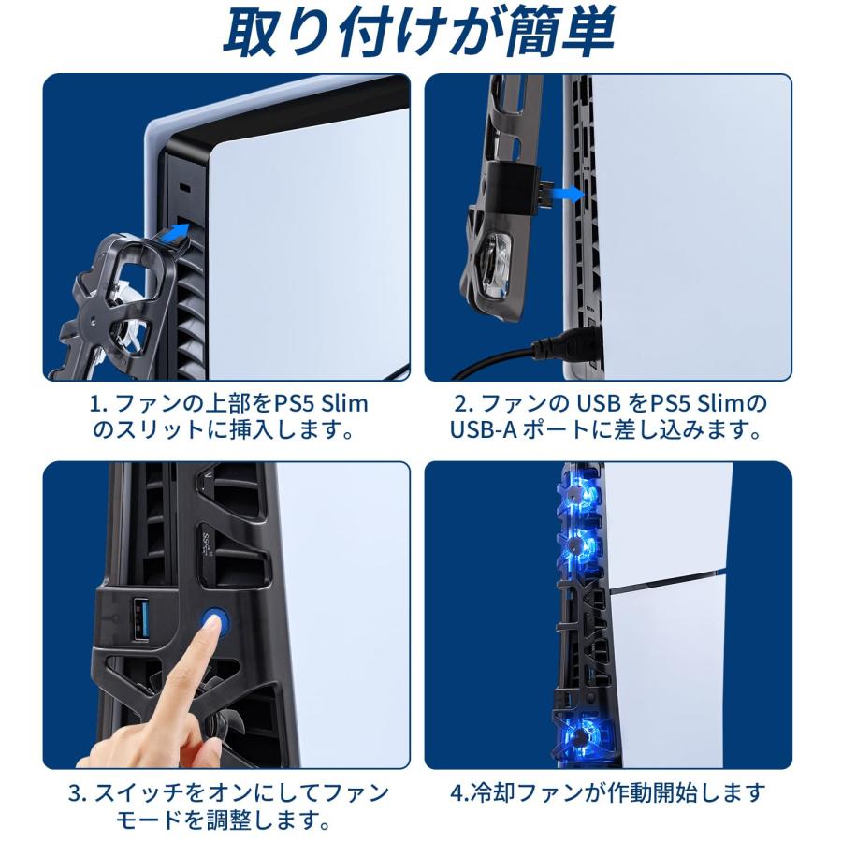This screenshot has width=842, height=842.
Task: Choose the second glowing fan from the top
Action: click(579, 542)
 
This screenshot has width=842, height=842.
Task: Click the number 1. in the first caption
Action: click(98, 404)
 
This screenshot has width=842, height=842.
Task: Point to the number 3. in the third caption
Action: click(78, 794)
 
